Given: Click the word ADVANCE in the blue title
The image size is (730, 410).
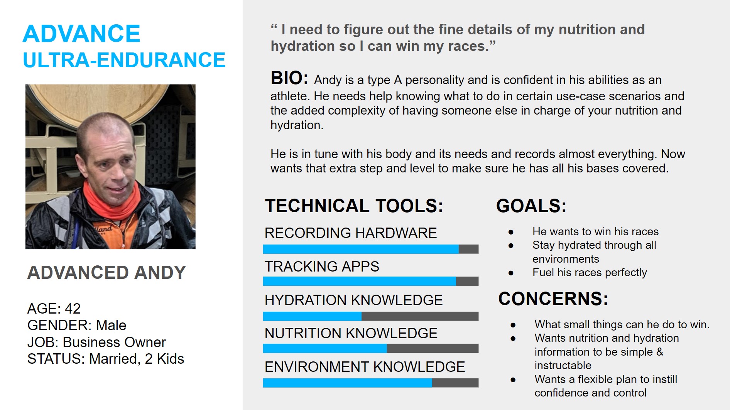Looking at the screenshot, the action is [x=81, y=34].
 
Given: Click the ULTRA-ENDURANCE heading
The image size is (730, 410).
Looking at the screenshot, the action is [x=124, y=60].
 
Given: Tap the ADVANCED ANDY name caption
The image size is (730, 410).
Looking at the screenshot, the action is [x=106, y=272].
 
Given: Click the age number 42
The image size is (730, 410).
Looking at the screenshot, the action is [x=73, y=309].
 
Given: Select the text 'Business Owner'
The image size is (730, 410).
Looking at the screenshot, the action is [x=114, y=342].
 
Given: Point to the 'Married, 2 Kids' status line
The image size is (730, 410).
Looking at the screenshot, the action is [x=137, y=359].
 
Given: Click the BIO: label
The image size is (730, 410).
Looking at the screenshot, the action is [x=289, y=78].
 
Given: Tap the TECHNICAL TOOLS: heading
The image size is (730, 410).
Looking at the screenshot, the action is [x=354, y=206].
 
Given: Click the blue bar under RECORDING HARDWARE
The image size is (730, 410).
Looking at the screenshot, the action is [x=361, y=249].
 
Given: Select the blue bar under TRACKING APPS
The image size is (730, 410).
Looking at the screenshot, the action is [x=360, y=281].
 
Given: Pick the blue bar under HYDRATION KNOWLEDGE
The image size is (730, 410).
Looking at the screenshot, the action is [x=312, y=316].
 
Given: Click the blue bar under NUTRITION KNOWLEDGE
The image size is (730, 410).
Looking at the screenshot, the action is [x=325, y=348].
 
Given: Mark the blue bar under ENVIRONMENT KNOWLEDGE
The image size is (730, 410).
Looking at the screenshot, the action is [x=348, y=383].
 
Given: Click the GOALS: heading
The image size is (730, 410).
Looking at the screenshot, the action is [x=531, y=206].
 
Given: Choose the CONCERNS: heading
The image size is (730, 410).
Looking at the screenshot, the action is [x=553, y=299].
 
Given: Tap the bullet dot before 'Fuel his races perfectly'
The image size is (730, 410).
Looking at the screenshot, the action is [x=511, y=273].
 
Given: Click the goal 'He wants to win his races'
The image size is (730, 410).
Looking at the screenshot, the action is [x=595, y=231].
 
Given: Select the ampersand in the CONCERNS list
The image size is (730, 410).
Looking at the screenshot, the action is [x=659, y=352].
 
